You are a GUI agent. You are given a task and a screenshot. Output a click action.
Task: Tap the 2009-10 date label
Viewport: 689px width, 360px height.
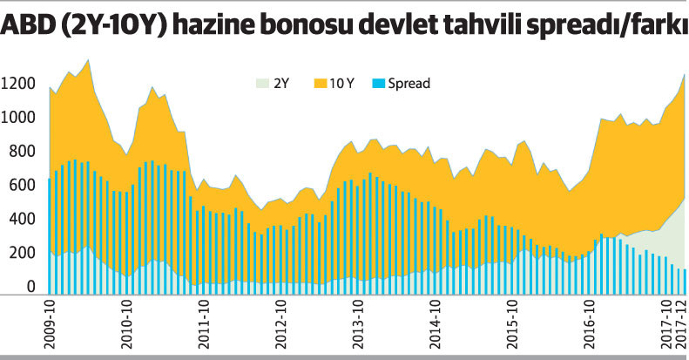[x=51, y=323]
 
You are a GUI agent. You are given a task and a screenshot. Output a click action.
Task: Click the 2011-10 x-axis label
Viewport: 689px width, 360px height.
[x=205, y=323]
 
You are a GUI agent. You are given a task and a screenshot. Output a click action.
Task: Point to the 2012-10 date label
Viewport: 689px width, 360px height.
[x=282, y=323]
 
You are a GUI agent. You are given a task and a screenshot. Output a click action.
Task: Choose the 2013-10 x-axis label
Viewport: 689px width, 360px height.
[x=359, y=323]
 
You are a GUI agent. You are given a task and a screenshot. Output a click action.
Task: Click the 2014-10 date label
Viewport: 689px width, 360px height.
[x=436, y=323]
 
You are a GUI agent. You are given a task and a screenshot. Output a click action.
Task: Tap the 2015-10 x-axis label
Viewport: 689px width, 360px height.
[x=513, y=323]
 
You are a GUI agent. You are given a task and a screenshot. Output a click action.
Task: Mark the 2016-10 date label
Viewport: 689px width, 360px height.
[x=590, y=323]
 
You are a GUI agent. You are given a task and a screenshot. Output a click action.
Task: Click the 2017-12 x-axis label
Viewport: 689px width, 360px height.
[x=682, y=323]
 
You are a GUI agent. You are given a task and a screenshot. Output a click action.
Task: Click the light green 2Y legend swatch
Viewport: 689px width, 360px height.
[x=261, y=84]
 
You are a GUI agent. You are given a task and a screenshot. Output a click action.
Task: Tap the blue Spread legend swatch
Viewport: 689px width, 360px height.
[x=376, y=84]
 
